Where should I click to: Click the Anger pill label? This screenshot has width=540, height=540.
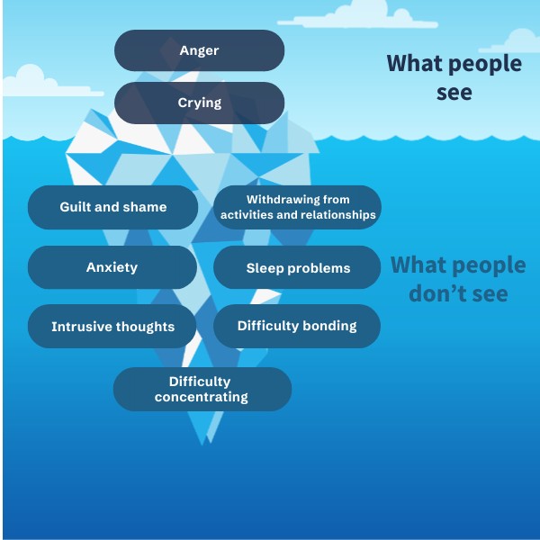[x=199, y=50]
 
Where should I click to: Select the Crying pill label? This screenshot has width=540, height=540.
[x=199, y=103]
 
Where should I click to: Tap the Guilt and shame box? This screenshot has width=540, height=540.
[x=112, y=207]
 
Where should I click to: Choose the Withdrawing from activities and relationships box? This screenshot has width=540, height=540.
[x=298, y=207]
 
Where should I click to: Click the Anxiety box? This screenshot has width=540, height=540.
[x=112, y=267]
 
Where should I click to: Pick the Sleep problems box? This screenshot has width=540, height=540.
[x=298, y=267]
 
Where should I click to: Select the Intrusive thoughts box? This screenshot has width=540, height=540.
[x=112, y=326]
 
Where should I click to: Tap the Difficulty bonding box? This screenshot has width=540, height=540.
[x=297, y=326]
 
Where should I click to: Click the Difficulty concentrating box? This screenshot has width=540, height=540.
[x=202, y=389]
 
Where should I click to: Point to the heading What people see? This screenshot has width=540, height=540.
[x=454, y=77]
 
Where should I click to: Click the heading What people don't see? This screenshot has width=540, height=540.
[x=458, y=279]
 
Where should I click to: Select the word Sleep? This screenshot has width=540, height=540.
[x=265, y=268]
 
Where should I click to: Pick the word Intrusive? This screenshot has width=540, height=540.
[x=82, y=327]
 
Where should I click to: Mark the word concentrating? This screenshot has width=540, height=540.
[x=202, y=397]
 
